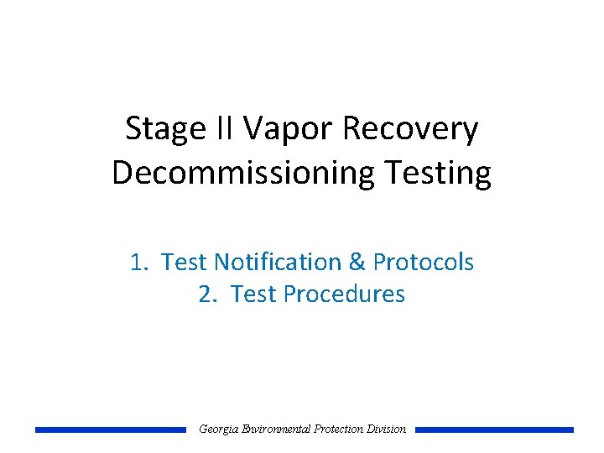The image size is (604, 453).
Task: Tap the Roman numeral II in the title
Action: [222, 129]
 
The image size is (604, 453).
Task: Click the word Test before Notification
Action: [185, 263]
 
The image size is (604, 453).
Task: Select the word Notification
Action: [278, 263]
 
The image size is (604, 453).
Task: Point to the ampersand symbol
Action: [357, 263]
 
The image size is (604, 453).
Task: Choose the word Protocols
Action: [424, 263]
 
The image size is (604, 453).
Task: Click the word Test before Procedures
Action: [254, 294]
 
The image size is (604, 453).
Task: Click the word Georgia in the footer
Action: [217, 430]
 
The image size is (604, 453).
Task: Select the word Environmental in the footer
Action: [274, 430]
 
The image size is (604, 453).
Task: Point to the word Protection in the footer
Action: [339, 430]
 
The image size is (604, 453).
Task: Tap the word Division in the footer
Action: [387, 430]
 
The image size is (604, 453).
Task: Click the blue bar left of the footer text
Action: [110, 430]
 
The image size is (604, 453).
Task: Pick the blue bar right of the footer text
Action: [494, 430]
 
